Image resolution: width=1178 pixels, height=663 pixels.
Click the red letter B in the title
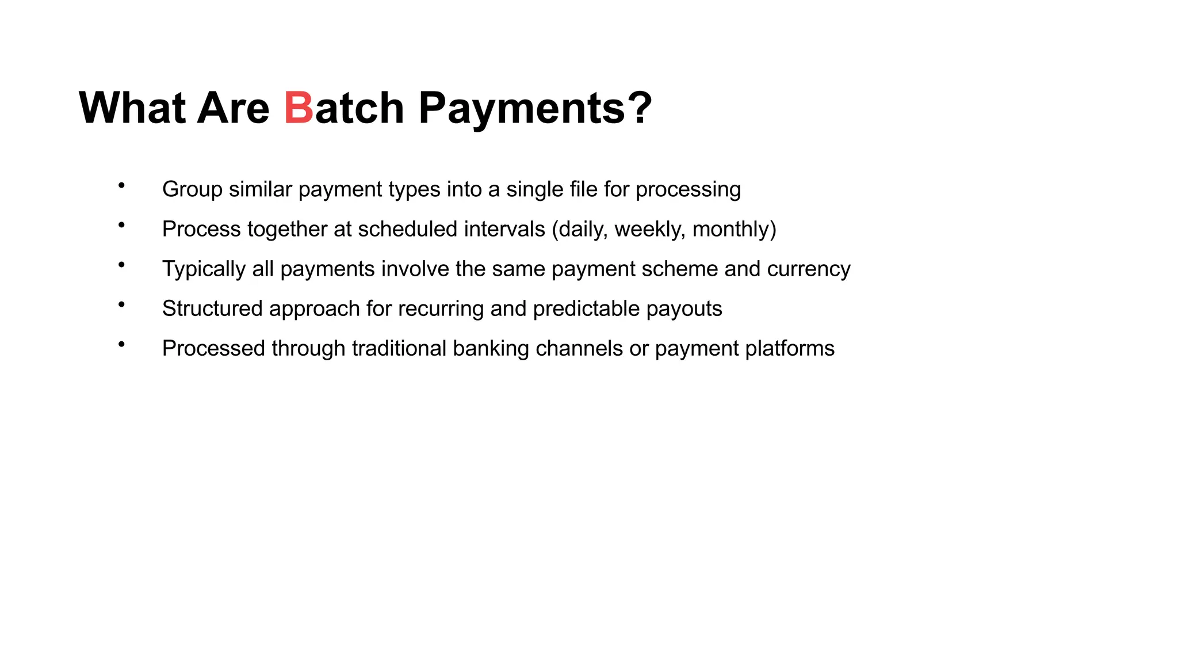click(x=299, y=108)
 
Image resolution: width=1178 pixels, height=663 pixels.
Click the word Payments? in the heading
click(x=535, y=108)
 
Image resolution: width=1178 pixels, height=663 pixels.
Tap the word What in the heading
click(x=132, y=108)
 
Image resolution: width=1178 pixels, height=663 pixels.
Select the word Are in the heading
click(x=233, y=108)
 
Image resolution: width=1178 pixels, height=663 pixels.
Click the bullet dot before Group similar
click(x=121, y=185)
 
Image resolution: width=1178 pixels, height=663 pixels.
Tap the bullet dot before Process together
click(x=121, y=225)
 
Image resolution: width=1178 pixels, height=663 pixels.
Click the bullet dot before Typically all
click(x=121, y=265)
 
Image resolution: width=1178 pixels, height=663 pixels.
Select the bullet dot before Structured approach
click(x=121, y=304)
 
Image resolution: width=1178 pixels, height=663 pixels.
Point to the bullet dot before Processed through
click(x=121, y=344)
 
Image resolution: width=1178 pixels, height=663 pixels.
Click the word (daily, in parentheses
click(x=580, y=229)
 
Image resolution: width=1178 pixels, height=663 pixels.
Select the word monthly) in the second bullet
click(x=734, y=229)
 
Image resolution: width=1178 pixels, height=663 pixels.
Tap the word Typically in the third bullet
click(x=204, y=269)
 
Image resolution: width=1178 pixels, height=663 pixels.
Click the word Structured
click(x=212, y=308)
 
